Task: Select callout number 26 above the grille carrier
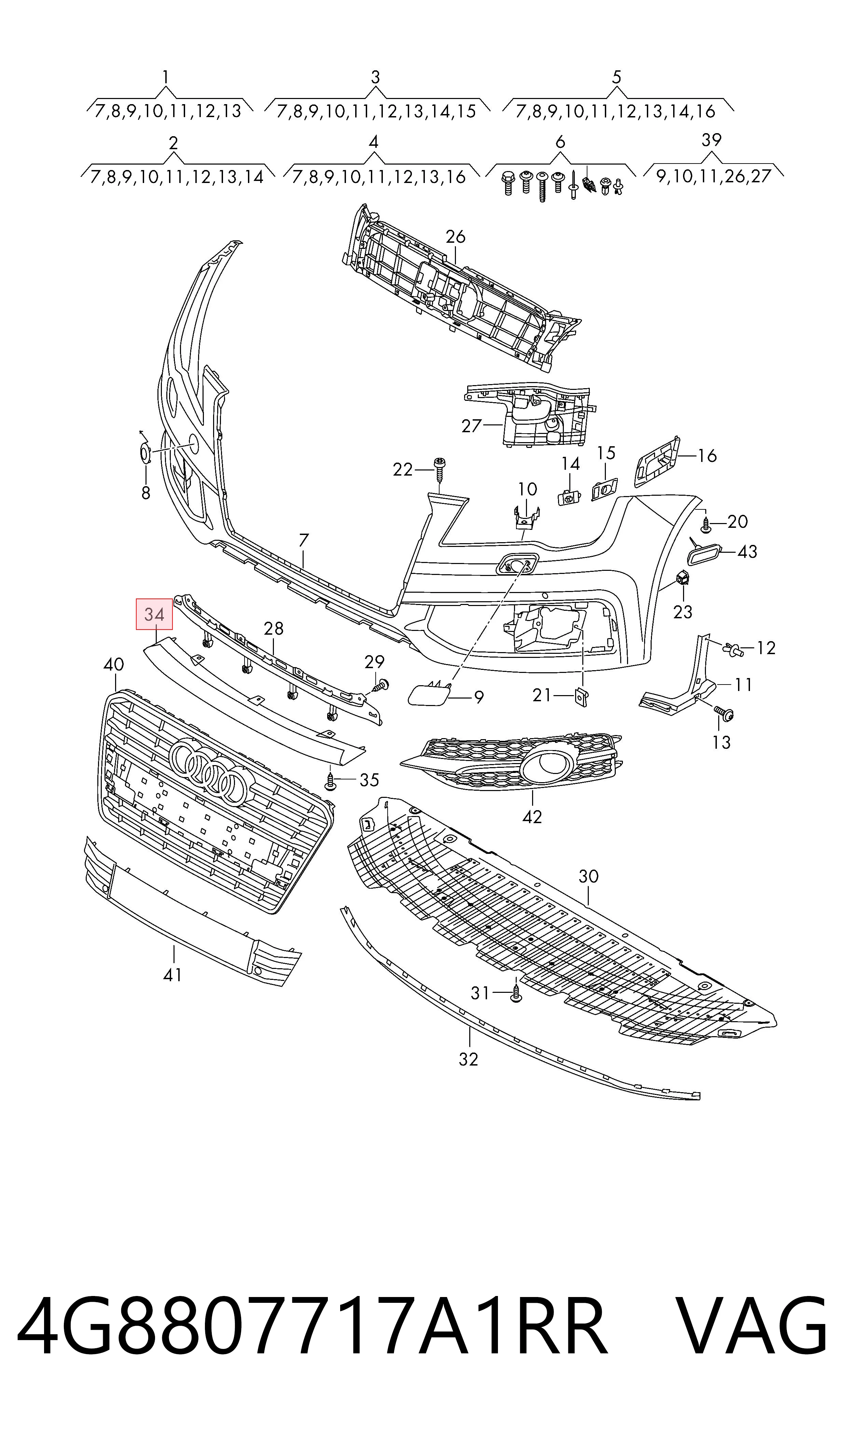click(456, 237)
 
